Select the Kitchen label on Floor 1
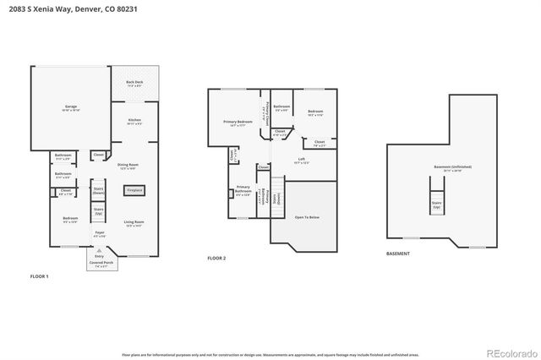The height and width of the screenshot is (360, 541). click(134, 121)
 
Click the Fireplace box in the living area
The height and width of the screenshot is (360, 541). click(134, 190)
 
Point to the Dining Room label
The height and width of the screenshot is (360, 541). click(128, 166)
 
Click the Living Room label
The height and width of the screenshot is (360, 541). click(134, 224)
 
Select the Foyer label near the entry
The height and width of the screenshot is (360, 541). click(99, 234)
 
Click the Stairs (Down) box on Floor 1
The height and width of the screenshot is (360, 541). click(98, 191)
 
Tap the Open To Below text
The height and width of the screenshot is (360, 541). click(306, 217)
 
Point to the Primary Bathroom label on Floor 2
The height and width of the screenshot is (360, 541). click(243, 189)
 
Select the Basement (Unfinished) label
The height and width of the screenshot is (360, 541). click(453, 168)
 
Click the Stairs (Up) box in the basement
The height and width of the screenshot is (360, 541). click(437, 205)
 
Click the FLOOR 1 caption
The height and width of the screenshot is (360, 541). click(40, 276)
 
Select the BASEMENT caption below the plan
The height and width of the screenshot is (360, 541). click(397, 254)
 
